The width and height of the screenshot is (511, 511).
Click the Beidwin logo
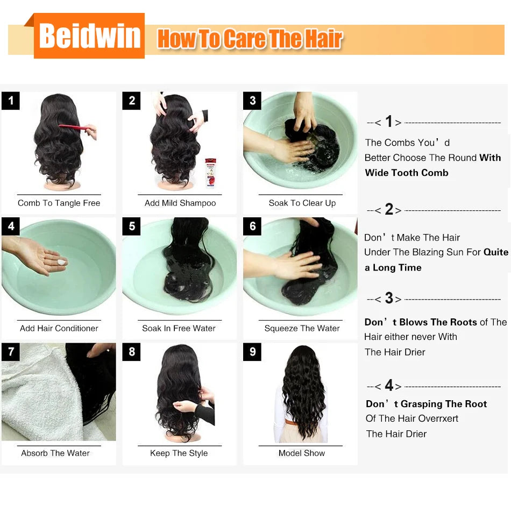pos(89,36)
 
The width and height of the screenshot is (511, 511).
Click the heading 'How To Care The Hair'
pos(250,39)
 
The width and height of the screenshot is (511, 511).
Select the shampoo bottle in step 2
pos(210,172)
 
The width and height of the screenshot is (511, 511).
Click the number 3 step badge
pos(252,101)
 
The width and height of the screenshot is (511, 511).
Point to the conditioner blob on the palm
pos(61,262)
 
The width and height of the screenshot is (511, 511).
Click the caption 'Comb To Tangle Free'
pos(59,203)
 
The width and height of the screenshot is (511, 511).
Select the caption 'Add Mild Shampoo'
pos(180,203)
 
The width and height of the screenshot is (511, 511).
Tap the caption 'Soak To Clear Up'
pos(302,203)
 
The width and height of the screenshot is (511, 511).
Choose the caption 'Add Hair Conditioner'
pos(59,328)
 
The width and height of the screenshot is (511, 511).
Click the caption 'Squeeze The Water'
pos(302,328)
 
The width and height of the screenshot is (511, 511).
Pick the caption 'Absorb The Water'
pos(55,453)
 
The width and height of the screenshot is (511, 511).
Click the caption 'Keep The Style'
pos(179,453)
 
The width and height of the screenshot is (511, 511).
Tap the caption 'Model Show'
pos(302,453)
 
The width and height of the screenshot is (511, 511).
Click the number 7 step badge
pos(11,352)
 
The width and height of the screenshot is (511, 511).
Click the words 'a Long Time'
pos(393,267)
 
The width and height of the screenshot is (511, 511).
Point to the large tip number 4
pos(389,386)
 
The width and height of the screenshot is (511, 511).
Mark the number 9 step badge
pos(252,352)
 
